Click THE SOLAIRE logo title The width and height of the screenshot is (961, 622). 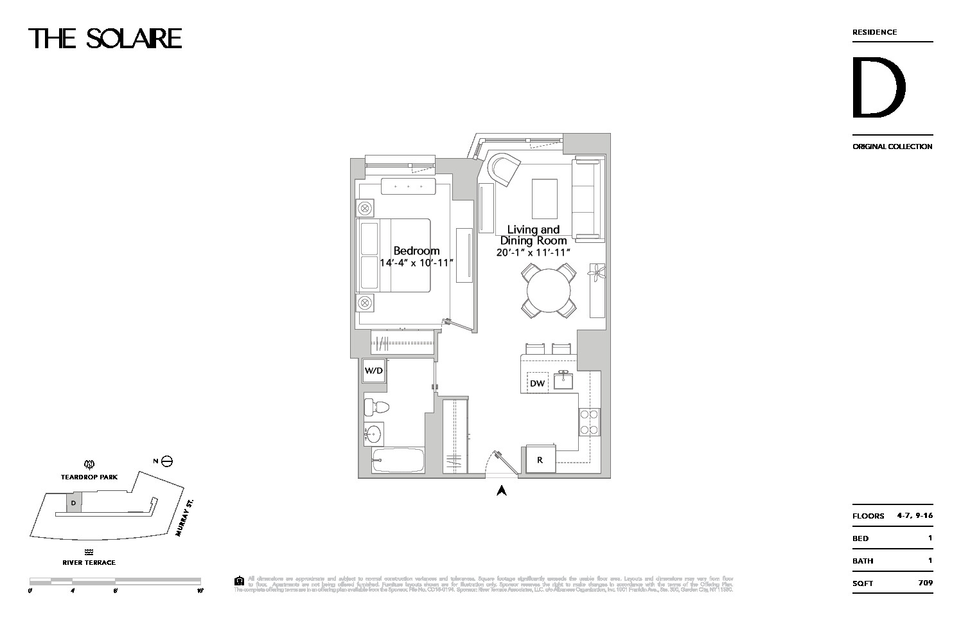[x=105, y=39]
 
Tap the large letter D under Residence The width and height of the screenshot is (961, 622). [x=878, y=88]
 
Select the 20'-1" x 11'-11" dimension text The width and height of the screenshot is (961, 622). [x=533, y=253]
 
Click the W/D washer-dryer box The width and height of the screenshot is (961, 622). [x=374, y=371]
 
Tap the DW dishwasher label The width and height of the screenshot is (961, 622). [x=537, y=384]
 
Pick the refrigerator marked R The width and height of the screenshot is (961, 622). [x=540, y=459]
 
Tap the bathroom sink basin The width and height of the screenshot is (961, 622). [x=373, y=436]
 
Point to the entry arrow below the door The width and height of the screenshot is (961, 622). [x=502, y=490]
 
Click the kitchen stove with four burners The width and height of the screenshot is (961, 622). [x=589, y=422]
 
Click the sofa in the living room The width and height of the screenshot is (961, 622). [x=588, y=199]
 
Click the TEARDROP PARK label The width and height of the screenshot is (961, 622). [x=89, y=477]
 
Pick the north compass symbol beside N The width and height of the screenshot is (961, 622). [x=167, y=461]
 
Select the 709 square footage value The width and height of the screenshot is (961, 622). [x=925, y=583]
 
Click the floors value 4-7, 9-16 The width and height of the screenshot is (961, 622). [x=914, y=515]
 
